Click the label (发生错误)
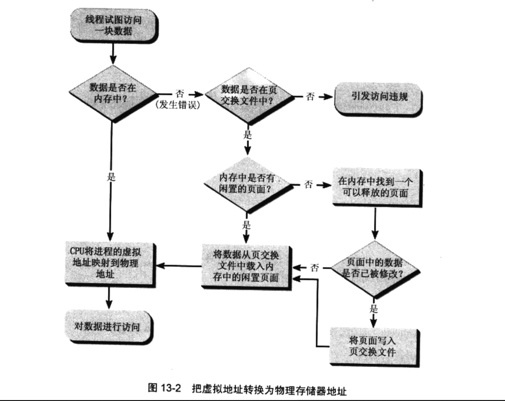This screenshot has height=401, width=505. pos(178,105)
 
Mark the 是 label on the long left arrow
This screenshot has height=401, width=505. pos(112,179)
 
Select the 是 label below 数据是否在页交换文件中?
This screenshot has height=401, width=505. pos(247,135)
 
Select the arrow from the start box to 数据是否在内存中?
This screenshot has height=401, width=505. pos(112,54)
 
